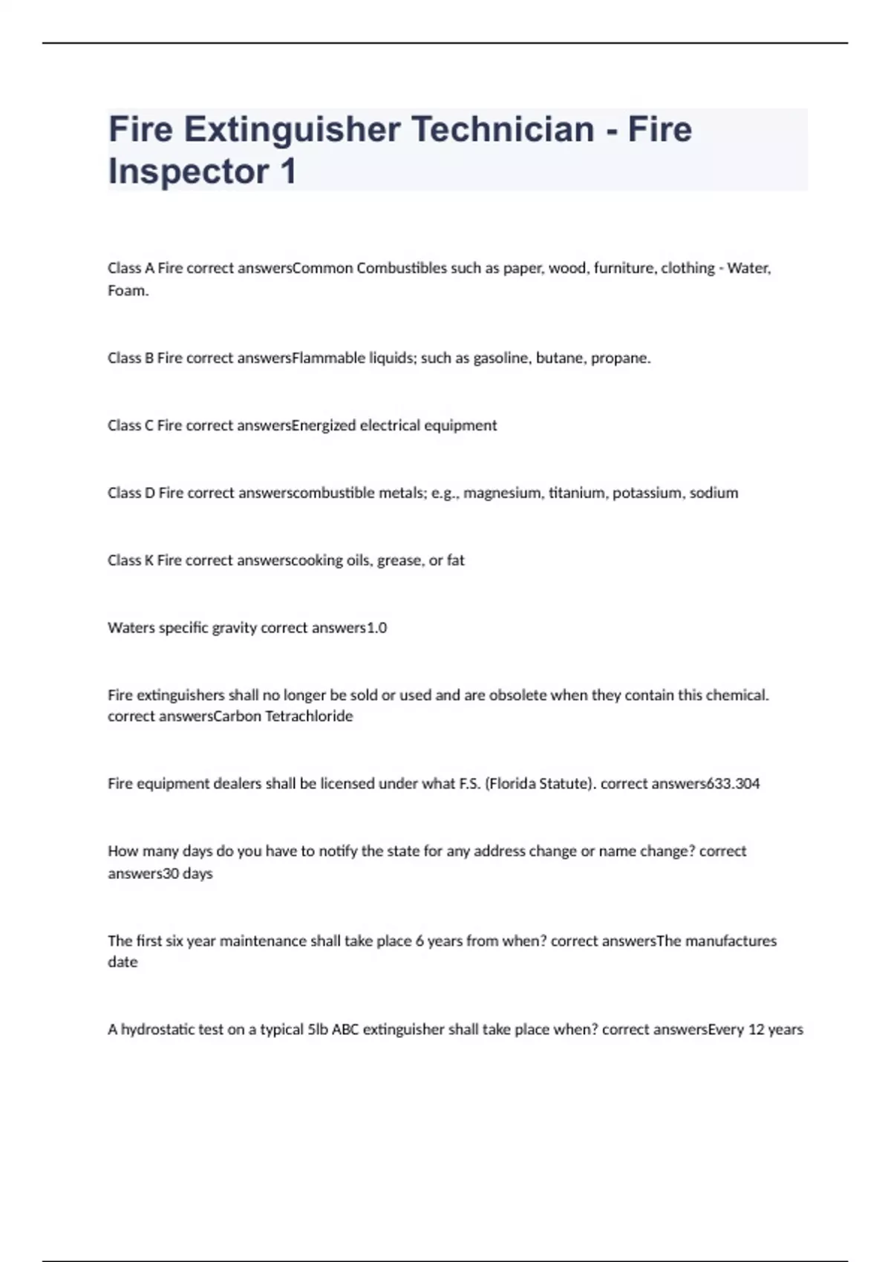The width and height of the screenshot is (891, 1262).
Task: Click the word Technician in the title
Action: click(503, 129)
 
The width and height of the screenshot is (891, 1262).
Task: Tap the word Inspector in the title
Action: click(189, 171)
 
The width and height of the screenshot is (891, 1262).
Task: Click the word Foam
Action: click(128, 291)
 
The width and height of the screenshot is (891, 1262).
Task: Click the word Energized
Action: click(324, 426)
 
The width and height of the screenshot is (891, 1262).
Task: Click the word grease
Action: click(399, 561)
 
